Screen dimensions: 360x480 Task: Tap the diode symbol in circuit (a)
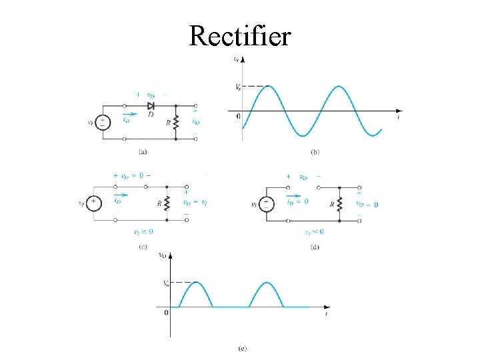pos(151,106)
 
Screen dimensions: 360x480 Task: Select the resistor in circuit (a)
pos(176,122)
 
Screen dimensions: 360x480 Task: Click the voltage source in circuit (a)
pos(103,123)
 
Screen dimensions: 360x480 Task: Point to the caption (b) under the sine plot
pos(315,152)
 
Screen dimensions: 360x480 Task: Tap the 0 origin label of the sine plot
pos(238,117)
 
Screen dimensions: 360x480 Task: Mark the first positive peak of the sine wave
pos(267,87)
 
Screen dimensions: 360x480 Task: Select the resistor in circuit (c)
pos(167,203)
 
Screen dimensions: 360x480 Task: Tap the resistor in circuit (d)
pos(339,203)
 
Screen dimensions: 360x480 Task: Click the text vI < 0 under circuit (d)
pos(313,231)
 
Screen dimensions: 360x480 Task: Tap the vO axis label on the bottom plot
pos(163,255)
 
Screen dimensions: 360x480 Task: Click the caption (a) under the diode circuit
pos(143,152)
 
